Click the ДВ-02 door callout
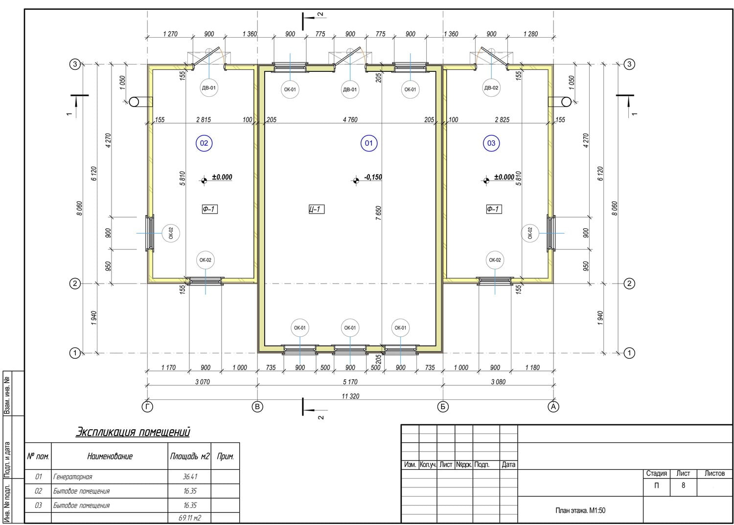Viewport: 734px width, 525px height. click(491, 87)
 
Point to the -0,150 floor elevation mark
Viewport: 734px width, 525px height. click(373, 177)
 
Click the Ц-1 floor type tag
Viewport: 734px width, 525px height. click(317, 209)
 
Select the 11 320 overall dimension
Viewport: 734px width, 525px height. click(350, 396)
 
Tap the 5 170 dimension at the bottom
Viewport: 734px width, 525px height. click(350, 382)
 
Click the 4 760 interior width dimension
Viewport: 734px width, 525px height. click(350, 120)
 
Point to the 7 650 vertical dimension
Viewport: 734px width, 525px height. click(378, 213)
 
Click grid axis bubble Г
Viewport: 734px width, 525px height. click(147, 407)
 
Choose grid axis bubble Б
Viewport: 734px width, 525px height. click(443, 407)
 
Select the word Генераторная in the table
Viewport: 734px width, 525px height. click(73, 477)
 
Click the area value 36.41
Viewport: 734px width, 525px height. click(190, 477)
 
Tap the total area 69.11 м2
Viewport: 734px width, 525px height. click(190, 518)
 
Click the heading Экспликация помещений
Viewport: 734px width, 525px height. click(133, 432)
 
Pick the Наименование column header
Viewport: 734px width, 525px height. click(110, 456)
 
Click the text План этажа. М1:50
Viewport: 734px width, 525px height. click(580, 510)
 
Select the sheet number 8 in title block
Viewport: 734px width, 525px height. click(683, 485)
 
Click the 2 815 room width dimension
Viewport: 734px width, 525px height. click(204, 120)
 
